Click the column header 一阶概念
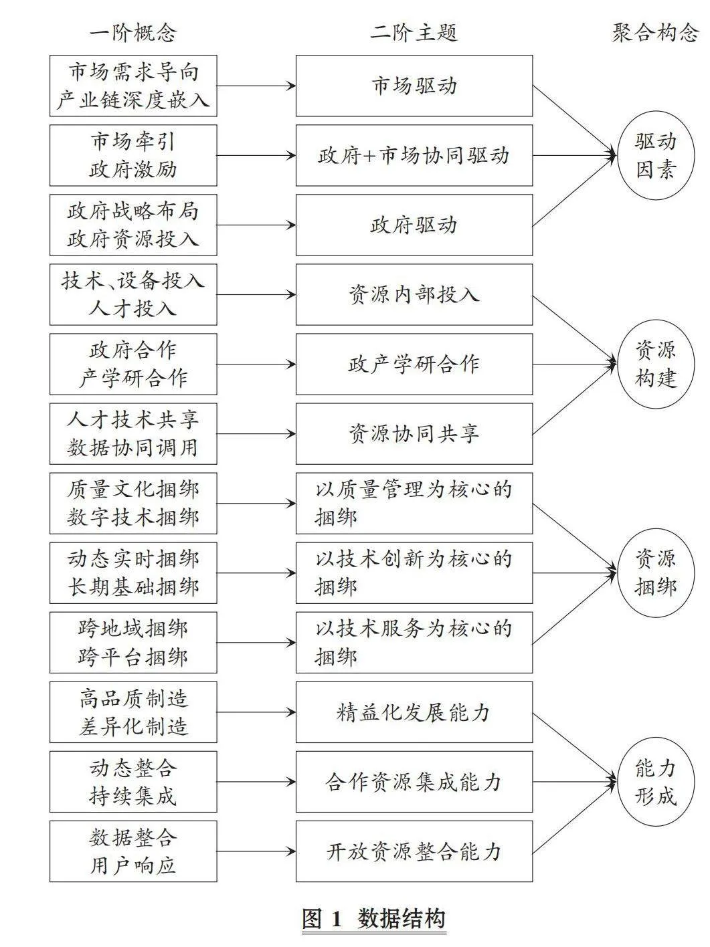point(133,33)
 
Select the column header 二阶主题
point(414,33)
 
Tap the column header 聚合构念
point(655,33)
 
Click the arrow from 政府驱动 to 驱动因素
point(574,191)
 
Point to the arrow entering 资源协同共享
point(256,434)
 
